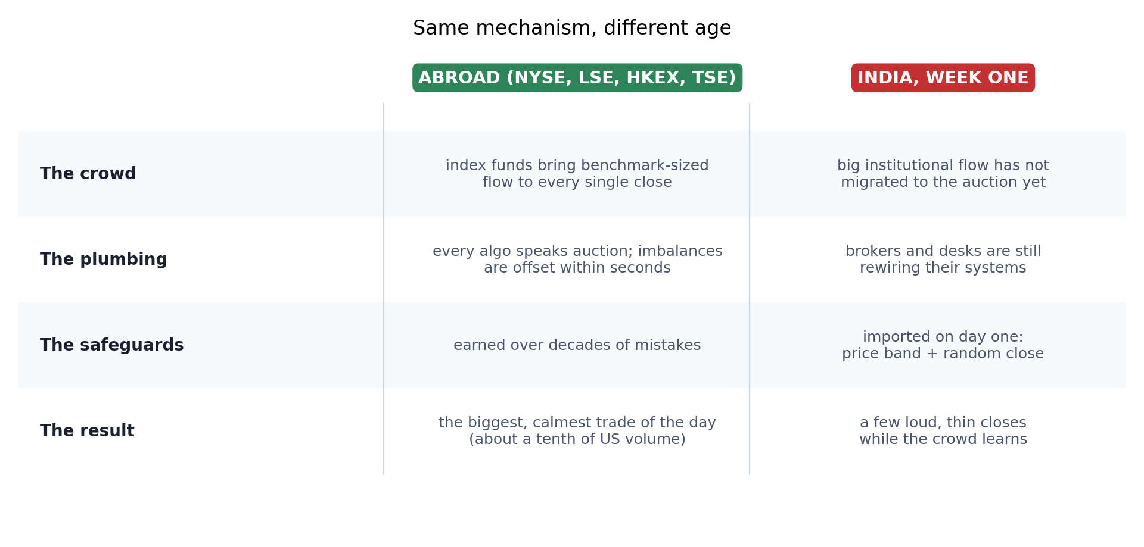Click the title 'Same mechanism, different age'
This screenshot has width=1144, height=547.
(572, 28)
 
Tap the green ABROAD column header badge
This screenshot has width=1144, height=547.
(577, 78)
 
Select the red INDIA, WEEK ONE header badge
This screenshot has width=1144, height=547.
(943, 78)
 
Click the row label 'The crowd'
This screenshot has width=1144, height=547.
(88, 174)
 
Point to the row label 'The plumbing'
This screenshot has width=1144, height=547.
(104, 260)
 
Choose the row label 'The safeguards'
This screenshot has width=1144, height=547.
(112, 345)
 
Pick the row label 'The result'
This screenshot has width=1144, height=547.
(87, 431)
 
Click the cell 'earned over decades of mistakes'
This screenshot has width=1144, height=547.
(577, 345)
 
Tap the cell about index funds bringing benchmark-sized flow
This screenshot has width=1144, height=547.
(577, 174)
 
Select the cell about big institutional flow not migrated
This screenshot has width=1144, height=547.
(943, 174)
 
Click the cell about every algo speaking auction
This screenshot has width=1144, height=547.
(577, 260)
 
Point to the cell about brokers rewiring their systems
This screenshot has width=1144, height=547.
(943, 260)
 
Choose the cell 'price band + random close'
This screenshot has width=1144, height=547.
(943, 354)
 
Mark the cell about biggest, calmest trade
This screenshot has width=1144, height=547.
(577, 431)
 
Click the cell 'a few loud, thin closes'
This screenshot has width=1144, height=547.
(943, 423)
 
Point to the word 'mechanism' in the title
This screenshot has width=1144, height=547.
(536, 28)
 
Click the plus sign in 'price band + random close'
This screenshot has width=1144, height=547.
(932, 354)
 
